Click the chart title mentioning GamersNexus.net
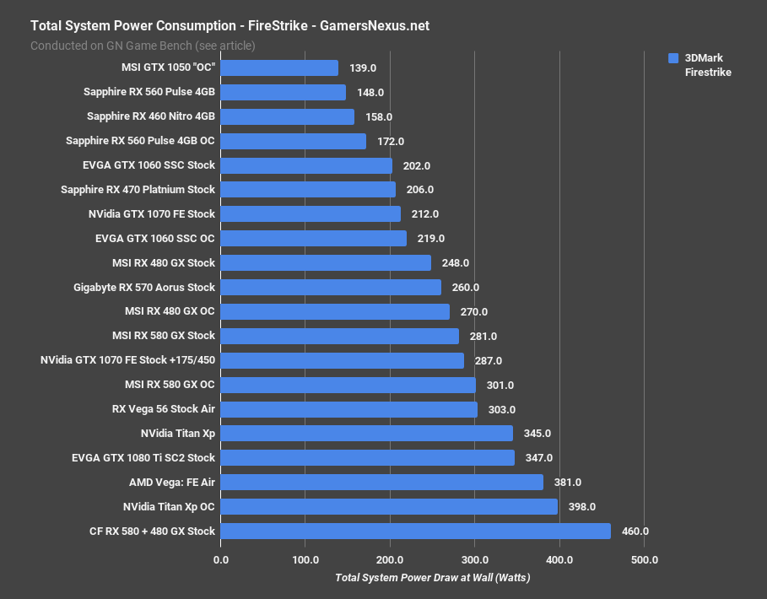click(x=230, y=25)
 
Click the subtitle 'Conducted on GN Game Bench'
click(x=143, y=46)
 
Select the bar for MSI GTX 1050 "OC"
click(x=279, y=67)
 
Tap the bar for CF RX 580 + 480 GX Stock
click(x=415, y=531)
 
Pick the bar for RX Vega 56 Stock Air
click(x=348, y=409)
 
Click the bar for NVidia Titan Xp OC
click(x=389, y=506)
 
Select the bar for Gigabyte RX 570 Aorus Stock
click(x=331, y=288)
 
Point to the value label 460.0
click(x=635, y=532)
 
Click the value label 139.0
click(x=364, y=68)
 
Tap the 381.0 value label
click(x=567, y=483)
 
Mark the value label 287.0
click(x=488, y=360)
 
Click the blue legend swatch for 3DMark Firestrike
click(x=672, y=58)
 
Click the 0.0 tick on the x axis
click(x=221, y=559)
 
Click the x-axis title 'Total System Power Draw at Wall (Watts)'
click(x=432, y=578)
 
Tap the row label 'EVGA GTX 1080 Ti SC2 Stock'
click(x=143, y=458)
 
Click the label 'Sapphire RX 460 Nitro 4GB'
click(x=151, y=116)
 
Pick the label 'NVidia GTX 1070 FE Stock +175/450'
click(x=127, y=360)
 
